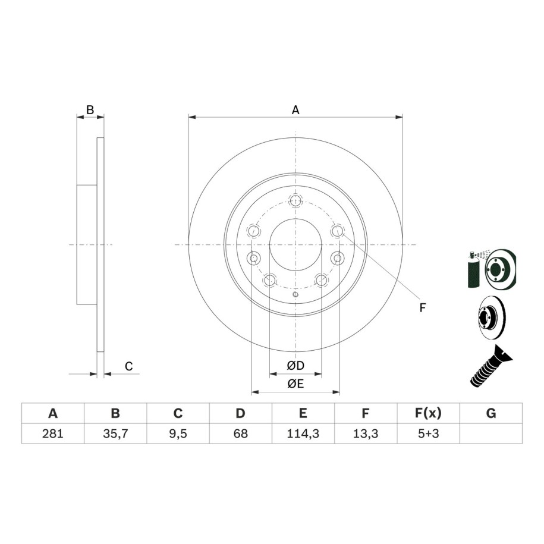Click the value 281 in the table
tap(53, 433)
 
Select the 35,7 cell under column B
tap(115, 433)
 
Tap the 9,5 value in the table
tap(178, 433)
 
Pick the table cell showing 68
tap(240, 433)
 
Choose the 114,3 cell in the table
tap(303, 433)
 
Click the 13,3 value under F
tap(366, 433)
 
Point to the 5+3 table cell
tap(429, 433)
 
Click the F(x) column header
tap(429, 413)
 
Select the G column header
tap(491, 413)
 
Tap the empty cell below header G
tap(491, 433)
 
